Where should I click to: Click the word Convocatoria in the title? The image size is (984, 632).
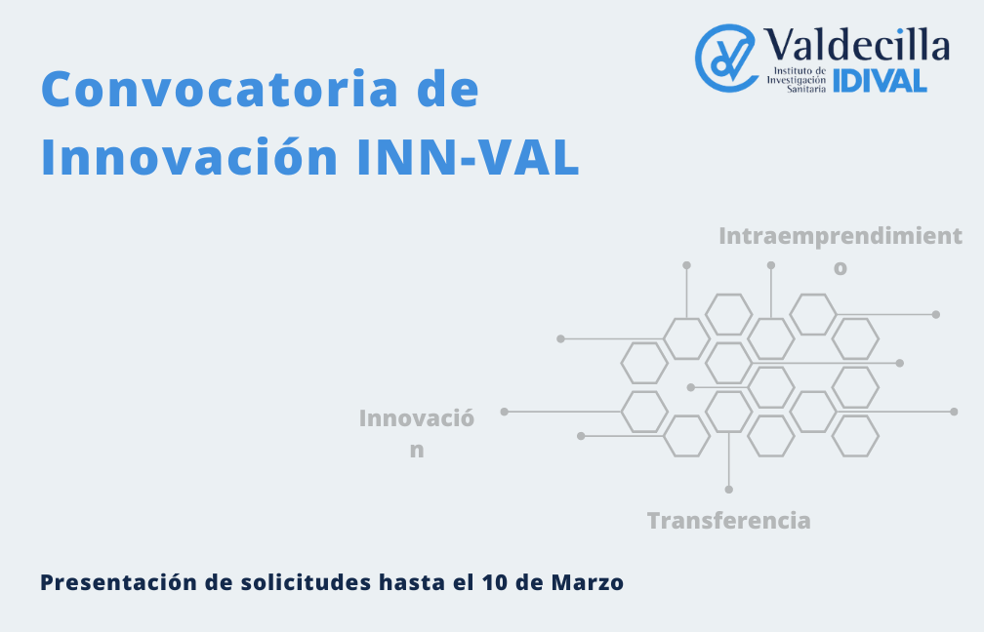[220, 89]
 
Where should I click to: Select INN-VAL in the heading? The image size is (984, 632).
[468, 157]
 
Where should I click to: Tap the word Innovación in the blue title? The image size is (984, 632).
[189, 156]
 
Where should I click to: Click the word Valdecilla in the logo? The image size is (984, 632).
[857, 45]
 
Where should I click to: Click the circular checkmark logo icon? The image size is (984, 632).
[726, 58]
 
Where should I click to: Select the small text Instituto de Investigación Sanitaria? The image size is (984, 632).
[797, 80]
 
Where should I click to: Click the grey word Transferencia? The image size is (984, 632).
[728, 521]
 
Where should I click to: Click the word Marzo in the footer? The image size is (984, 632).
[588, 582]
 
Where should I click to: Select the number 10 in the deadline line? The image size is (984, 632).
[496, 582]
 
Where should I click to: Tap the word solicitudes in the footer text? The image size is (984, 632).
[307, 582]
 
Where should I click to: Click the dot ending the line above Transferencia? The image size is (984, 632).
[728, 489]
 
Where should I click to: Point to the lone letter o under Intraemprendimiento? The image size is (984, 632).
[840, 268]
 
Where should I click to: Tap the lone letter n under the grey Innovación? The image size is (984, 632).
[417, 451]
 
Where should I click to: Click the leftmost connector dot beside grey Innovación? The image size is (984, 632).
[505, 412]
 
